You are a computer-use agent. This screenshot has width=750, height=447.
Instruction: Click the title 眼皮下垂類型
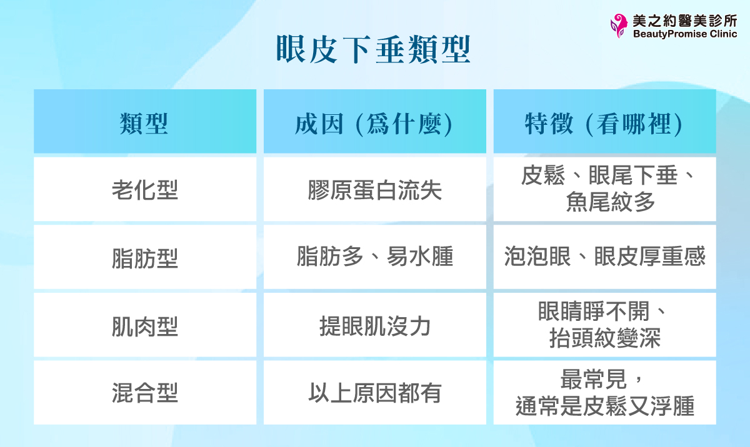point(373,50)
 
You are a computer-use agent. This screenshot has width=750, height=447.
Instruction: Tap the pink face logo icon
point(619,26)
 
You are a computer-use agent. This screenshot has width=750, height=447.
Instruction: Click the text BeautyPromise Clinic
point(685,34)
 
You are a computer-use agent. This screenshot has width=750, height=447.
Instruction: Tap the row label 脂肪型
point(144,257)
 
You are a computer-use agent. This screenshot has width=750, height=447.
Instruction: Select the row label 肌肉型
point(144,325)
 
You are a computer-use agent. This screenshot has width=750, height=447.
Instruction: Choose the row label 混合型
point(144,393)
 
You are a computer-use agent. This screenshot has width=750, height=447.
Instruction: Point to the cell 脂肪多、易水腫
point(374,257)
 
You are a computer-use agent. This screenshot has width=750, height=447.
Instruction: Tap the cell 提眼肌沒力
point(374,325)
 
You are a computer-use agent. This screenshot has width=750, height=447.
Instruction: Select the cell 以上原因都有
point(374,393)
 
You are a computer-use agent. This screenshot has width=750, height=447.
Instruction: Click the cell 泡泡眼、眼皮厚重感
point(604,257)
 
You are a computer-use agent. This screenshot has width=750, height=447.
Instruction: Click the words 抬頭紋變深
point(604,338)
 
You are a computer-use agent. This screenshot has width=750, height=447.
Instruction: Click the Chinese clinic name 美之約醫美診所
point(685,20)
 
